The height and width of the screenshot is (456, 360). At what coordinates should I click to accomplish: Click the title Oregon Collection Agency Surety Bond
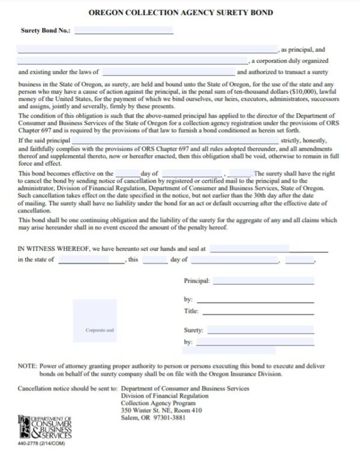click(x=179, y=12)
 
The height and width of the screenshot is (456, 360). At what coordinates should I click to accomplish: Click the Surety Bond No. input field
click(x=124, y=30)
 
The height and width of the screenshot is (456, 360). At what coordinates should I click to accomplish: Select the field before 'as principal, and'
click(x=148, y=49)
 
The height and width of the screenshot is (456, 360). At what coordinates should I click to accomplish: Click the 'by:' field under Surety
click(x=254, y=343)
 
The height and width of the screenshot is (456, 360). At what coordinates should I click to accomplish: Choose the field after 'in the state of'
click(x=91, y=260)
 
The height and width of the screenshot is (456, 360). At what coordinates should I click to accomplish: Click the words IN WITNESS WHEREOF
click(x=50, y=248)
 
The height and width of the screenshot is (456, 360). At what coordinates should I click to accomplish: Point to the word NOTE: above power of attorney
click(x=28, y=365)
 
